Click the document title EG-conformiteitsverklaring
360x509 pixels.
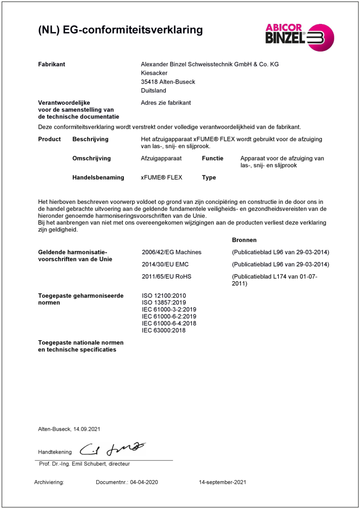point(120,30)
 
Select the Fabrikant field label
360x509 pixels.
point(52,64)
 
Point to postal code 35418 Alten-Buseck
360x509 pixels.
point(168,82)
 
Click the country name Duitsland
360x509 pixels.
point(153,90)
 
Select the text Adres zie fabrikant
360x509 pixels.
point(166,103)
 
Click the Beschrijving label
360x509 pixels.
point(90,139)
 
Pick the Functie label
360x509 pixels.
point(213,158)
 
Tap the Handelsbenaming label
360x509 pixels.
point(98,177)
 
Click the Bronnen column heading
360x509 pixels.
point(244,240)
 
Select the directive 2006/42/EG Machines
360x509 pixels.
point(171,252)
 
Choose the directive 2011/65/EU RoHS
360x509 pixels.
point(166,276)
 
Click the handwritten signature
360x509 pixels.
point(112,449)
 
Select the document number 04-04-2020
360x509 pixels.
point(144,482)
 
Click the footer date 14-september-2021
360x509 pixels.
point(223,482)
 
